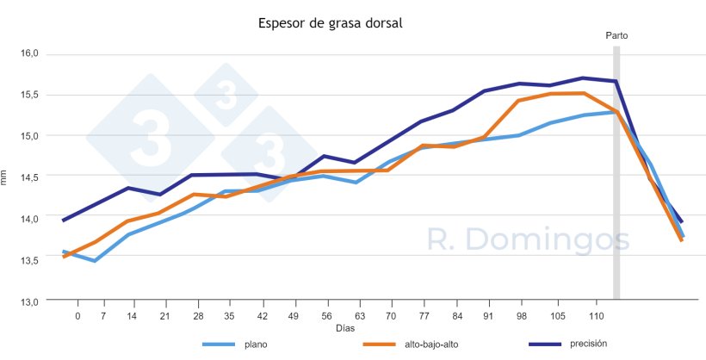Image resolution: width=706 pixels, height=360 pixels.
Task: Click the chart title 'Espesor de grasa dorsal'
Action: click(x=331, y=23)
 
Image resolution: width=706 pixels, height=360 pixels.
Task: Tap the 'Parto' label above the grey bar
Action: click(x=616, y=35)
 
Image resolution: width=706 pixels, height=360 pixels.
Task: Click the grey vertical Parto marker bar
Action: click(x=616, y=172)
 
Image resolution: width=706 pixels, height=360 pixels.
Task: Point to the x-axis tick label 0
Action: click(x=77, y=316)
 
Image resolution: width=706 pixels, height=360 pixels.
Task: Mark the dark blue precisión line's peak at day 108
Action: click(x=583, y=78)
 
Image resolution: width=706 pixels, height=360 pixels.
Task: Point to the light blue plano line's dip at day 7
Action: click(x=94, y=261)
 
